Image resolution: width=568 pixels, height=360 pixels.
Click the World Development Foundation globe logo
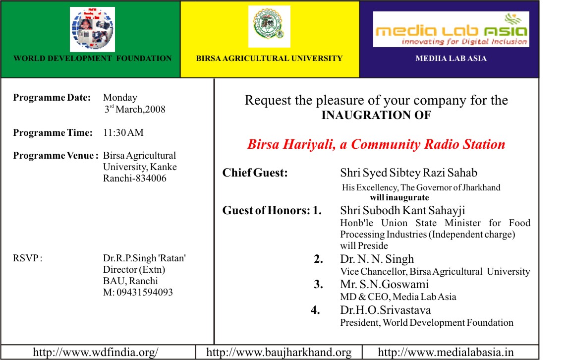pyautogui.click(x=92, y=29)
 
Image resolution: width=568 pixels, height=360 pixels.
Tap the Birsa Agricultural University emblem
pyautogui.click(x=269, y=26)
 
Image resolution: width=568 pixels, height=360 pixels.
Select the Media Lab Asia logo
pyautogui.click(x=451, y=29)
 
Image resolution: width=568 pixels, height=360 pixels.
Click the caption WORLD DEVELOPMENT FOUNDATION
pyautogui.click(x=93, y=59)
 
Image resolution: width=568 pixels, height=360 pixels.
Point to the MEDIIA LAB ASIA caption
pyautogui.click(x=451, y=59)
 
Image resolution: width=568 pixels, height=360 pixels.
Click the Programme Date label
pyautogui.click(x=52, y=98)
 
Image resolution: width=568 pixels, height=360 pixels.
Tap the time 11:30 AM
pyautogui.click(x=123, y=133)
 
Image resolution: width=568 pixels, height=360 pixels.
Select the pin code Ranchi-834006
pyautogui.click(x=135, y=178)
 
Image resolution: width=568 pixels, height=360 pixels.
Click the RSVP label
pyautogui.click(x=27, y=258)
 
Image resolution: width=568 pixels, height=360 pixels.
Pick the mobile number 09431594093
pyautogui.click(x=138, y=293)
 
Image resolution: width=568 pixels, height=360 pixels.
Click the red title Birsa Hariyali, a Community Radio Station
pyautogui.click(x=376, y=145)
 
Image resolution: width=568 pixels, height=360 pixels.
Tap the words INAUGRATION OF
pyautogui.click(x=376, y=116)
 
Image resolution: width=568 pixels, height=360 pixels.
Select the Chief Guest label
pyautogui.click(x=255, y=173)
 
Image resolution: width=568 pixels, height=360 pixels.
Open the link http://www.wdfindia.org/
pyautogui.click(x=96, y=353)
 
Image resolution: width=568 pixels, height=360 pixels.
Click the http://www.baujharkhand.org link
pyautogui.click(x=279, y=353)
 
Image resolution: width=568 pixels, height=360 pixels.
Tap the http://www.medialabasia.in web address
pyautogui.click(x=446, y=353)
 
